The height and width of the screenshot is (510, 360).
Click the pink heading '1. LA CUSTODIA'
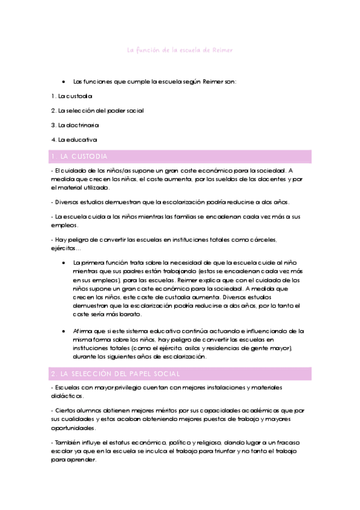coord(80,156)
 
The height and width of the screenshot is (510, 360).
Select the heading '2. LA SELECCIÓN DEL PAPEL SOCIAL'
coord(116,374)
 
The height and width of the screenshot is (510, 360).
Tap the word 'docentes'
coord(271,179)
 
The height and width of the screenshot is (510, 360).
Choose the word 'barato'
coord(130,314)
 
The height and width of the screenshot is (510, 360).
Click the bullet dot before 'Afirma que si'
coord(64,331)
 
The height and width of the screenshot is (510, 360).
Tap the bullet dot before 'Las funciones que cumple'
coord(64,81)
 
